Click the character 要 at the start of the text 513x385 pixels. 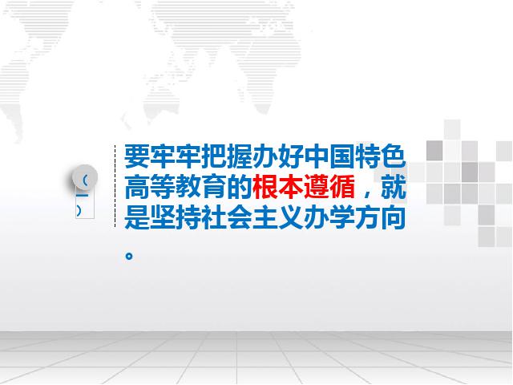click(x=137, y=156)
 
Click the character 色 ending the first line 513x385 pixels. click(x=394, y=156)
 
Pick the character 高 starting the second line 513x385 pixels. click(x=137, y=187)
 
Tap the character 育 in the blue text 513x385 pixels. click(x=214, y=187)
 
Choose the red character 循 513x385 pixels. click(x=342, y=187)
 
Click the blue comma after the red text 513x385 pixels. click(x=368, y=193)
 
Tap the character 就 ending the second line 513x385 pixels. click(x=394, y=187)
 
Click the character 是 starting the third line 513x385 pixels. click(x=137, y=217)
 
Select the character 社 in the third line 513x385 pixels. click(x=214, y=217)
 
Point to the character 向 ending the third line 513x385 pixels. click(x=394, y=217)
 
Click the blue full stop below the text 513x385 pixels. click(x=129, y=256)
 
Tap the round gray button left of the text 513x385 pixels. click(x=85, y=177)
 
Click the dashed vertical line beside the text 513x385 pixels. click(x=115, y=186)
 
